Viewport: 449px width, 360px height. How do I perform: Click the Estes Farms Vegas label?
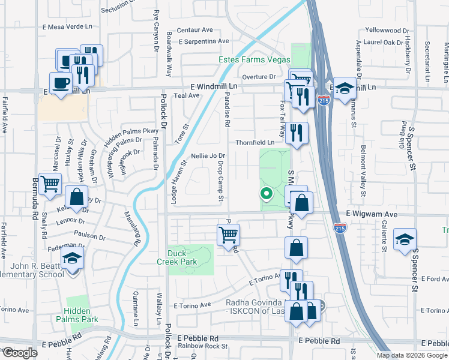254,59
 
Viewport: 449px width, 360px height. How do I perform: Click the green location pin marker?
265,193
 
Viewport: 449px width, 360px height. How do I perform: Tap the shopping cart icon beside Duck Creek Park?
228,234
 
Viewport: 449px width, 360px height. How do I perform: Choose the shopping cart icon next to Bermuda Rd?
50,184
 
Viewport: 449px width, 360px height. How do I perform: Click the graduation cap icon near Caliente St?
405,239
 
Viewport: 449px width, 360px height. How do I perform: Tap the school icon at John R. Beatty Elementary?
73,260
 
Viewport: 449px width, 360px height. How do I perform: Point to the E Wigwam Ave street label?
372,214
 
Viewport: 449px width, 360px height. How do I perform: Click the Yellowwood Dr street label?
387,29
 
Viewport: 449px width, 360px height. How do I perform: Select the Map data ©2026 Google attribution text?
411,355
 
